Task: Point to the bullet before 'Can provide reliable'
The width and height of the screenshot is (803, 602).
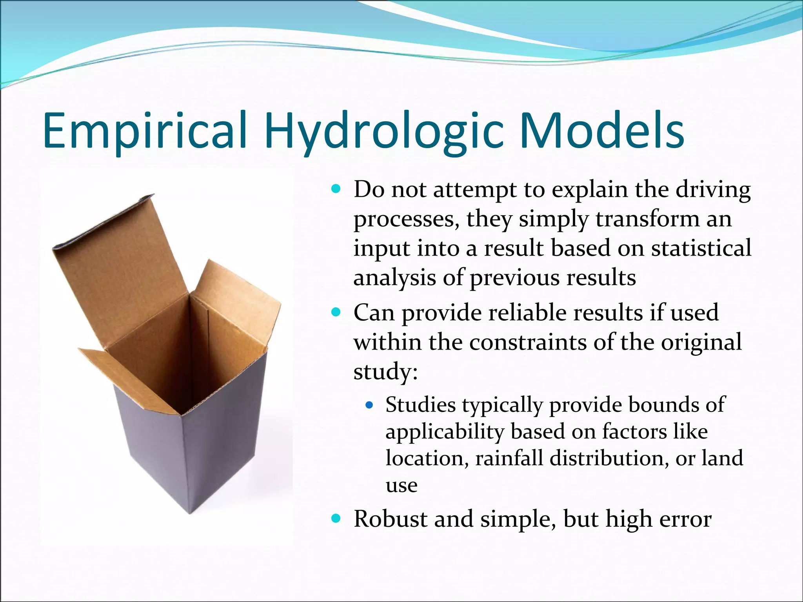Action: point(336,313)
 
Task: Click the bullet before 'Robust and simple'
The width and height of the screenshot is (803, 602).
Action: point(336,519)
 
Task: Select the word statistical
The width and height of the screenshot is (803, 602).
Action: point(701,248)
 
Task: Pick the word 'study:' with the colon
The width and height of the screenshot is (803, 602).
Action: point(385,371)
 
